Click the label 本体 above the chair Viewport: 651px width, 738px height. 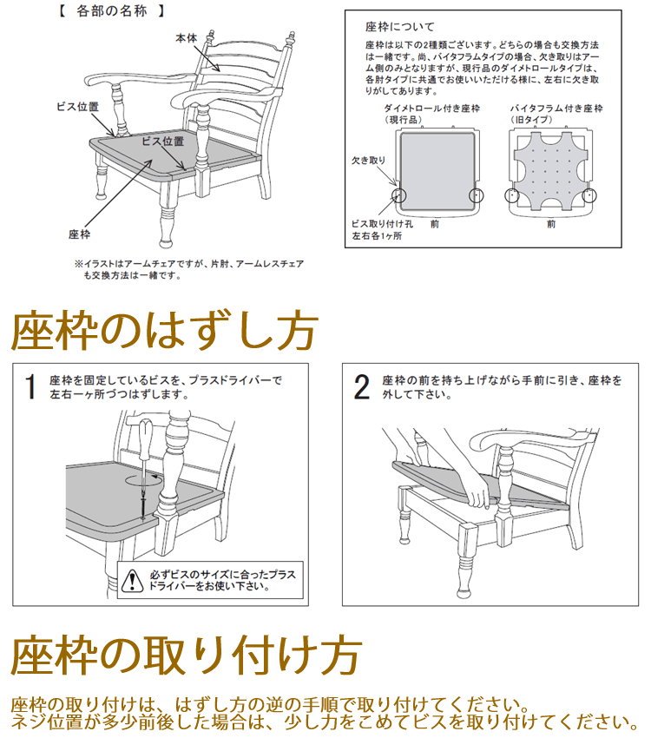tap(187, 38)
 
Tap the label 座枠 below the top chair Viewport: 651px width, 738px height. tap(80, 234)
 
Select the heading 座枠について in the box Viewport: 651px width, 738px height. tap(400, 27)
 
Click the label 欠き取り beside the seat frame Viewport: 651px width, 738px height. tap(368, 161)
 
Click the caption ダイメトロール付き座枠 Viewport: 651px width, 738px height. tap(431, 109)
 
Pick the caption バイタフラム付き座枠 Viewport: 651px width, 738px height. tap(556, 109)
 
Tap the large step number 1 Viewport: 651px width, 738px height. tap(30, 387)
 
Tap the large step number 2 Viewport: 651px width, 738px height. tap(361, 387)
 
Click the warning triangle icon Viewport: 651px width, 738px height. tap(132, 580)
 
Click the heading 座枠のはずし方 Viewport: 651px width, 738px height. tap(164, 331)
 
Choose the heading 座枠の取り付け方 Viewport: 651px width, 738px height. tap(187, 656)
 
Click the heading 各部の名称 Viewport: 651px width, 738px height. tap(112, 10)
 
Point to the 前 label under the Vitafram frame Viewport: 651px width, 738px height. tap(551, 224)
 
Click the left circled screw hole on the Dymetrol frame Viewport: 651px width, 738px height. tap(399, 194)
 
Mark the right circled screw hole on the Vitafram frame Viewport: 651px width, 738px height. tap(589, 194)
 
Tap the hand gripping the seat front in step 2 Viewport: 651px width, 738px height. tap(476, 490)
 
